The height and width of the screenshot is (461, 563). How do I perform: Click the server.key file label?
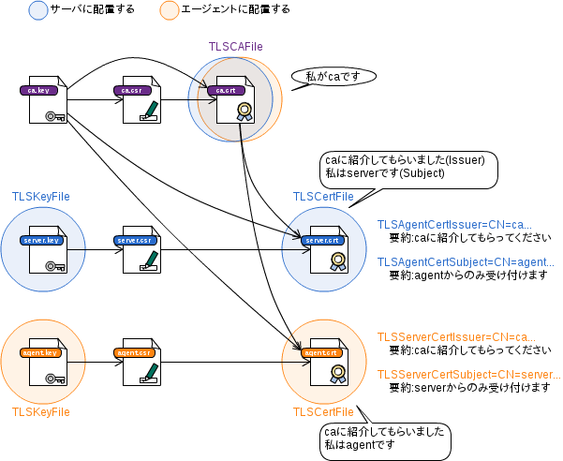tap(40, 240)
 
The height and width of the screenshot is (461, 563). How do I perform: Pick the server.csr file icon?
tap(141, 250)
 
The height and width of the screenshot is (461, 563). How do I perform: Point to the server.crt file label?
tap(321, 240)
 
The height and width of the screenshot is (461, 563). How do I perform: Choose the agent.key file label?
tap(40, 352)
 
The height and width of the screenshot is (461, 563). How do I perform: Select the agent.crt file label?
tap(320, 352)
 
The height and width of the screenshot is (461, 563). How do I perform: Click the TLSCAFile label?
tap(234, 46)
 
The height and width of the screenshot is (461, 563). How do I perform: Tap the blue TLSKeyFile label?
tap(40, 197)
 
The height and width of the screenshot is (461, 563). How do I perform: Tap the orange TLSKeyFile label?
tap(40, 411)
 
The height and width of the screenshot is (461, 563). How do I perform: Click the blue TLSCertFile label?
tap(323, 197)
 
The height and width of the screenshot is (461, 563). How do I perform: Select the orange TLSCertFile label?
tap(323, 412)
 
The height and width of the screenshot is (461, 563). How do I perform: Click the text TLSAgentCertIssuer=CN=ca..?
tap(454, 225)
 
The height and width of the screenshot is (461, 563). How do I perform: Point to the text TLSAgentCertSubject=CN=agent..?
tap(466, 263)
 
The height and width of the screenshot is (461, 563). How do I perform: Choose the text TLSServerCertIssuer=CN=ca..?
tap(456, 337)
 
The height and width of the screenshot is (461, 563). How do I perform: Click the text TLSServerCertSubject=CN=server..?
tap(468, 375)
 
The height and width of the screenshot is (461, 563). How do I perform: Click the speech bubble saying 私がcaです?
tap(333, 77)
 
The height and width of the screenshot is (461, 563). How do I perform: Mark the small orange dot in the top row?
tap(170, 10)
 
